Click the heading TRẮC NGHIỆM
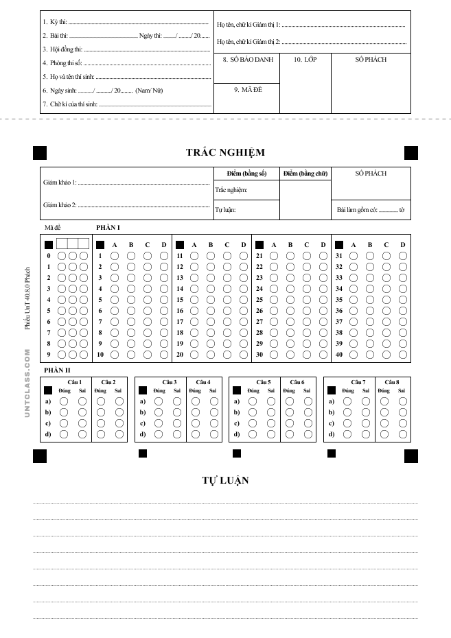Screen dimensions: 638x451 225,152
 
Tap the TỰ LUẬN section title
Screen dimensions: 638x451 225,480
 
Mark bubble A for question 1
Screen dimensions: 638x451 115,256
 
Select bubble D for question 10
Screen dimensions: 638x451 164,355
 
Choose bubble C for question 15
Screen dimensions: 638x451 227,300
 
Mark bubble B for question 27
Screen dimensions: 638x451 290,322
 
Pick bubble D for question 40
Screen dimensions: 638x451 403,355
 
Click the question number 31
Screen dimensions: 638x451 338,256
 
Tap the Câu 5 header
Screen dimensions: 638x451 264,381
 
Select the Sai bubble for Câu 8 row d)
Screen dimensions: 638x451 401,434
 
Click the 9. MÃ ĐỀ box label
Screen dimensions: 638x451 246,90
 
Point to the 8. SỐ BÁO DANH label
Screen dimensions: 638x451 248,60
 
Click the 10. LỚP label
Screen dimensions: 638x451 305,60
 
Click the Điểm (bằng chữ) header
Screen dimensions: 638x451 305,174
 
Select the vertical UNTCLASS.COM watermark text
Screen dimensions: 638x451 27,383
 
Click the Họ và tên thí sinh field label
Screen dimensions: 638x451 68,77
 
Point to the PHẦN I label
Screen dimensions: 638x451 108,226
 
